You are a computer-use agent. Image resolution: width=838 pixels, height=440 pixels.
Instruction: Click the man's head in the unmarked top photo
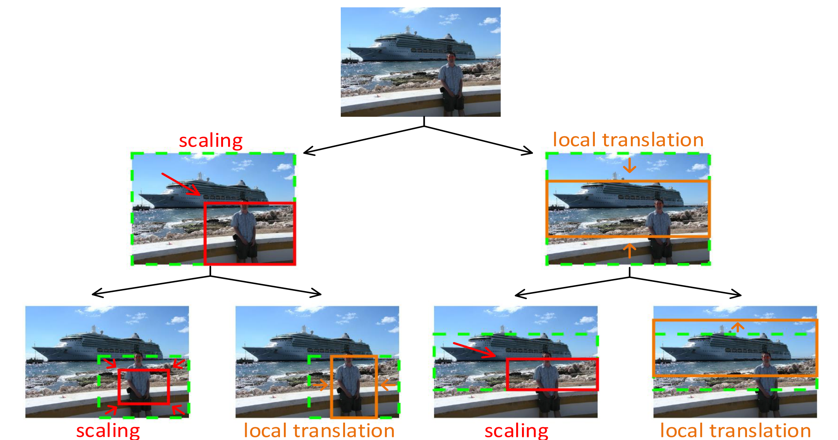pyautogui.click(x=451, y=57)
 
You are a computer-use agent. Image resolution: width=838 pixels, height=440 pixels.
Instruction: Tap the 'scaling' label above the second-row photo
pyautogui.click(x=211, y=140)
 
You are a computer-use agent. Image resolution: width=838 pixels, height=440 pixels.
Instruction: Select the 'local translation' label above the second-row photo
pyautogui.click(x=628, y=140)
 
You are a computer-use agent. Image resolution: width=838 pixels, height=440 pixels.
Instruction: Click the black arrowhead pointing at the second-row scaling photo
pyautogui.click(x=308, y=152)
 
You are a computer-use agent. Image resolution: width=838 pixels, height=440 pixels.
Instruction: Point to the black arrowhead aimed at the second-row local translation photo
pyautogui.click(x=529, y=152)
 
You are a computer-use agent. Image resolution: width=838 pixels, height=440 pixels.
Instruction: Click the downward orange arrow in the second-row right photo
pyautogui.click(x=630, y=165)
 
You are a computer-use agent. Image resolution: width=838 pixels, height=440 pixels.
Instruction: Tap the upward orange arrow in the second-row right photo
pyautogui.click(x=630, y=250)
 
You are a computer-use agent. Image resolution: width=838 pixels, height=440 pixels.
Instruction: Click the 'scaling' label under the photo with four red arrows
pyautogui.click(x=108, y=430)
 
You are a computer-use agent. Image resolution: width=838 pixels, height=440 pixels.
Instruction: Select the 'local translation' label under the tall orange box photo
pyautogui.click(x=319, y=430)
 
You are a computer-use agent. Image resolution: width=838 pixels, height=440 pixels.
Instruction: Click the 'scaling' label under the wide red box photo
pyautogui.click(x=516, y=430)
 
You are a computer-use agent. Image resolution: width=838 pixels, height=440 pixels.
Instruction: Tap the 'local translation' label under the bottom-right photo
pyautogui.click(x=735, y=430)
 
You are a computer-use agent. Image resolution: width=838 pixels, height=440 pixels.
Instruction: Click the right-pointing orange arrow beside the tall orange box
pyautogui.click(x=320, y=385)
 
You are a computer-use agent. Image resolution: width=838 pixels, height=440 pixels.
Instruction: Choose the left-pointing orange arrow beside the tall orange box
pyautogui.click(x=388, y=385)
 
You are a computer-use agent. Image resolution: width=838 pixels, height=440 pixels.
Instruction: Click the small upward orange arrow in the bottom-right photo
pyautogui.click(x=738, y=327)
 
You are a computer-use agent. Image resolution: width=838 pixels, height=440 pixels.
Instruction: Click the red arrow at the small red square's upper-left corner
pyautogui.click(x=110, y=363)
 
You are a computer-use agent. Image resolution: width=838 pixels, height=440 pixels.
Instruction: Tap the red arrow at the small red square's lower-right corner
pyautogui.click(x=178, y=409)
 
